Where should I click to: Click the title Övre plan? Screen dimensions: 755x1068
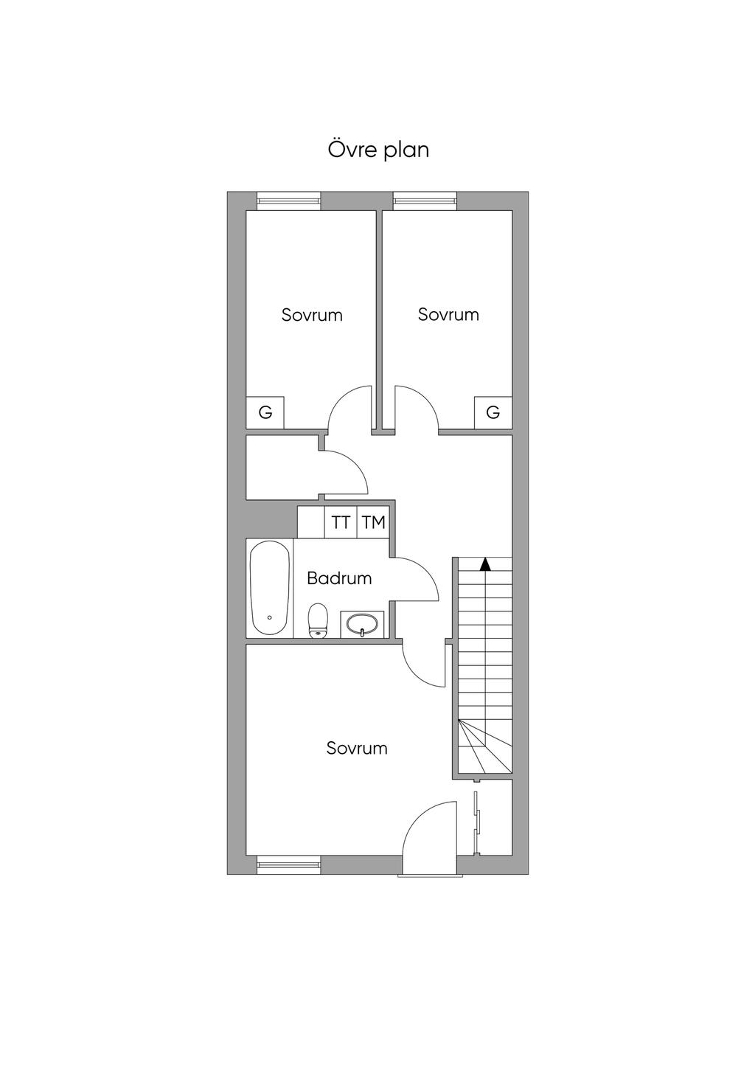click(x=378, y=149)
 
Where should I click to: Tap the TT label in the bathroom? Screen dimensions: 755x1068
click(x=341, y=522)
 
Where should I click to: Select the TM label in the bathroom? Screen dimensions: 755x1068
click(x=373, y=522)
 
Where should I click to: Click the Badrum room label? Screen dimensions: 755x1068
click(x=339, y=578)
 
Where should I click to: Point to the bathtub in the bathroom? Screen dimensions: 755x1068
click(x=270, y=588)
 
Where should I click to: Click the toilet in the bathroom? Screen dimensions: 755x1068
click(x=318, y=620)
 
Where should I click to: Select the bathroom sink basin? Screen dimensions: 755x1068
click(x=362, y=623)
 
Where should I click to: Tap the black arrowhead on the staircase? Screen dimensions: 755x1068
click(x=485, y=564)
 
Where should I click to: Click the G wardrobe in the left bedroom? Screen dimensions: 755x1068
click(x=265, y=412)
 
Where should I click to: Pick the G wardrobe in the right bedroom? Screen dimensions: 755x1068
click(x=493, y=412)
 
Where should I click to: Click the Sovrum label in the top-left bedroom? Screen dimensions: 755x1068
click(x=312, y=315)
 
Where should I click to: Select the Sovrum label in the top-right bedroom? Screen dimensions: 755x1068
click(x=448, y=315)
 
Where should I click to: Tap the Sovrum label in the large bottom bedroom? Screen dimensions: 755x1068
click(x=357, y=748)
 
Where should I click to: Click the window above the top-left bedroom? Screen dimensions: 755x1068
click(x=289, y=201)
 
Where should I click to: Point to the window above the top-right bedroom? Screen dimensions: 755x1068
click(x=425, y=201)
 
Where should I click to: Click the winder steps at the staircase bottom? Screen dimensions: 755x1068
click(x=484, y=753)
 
